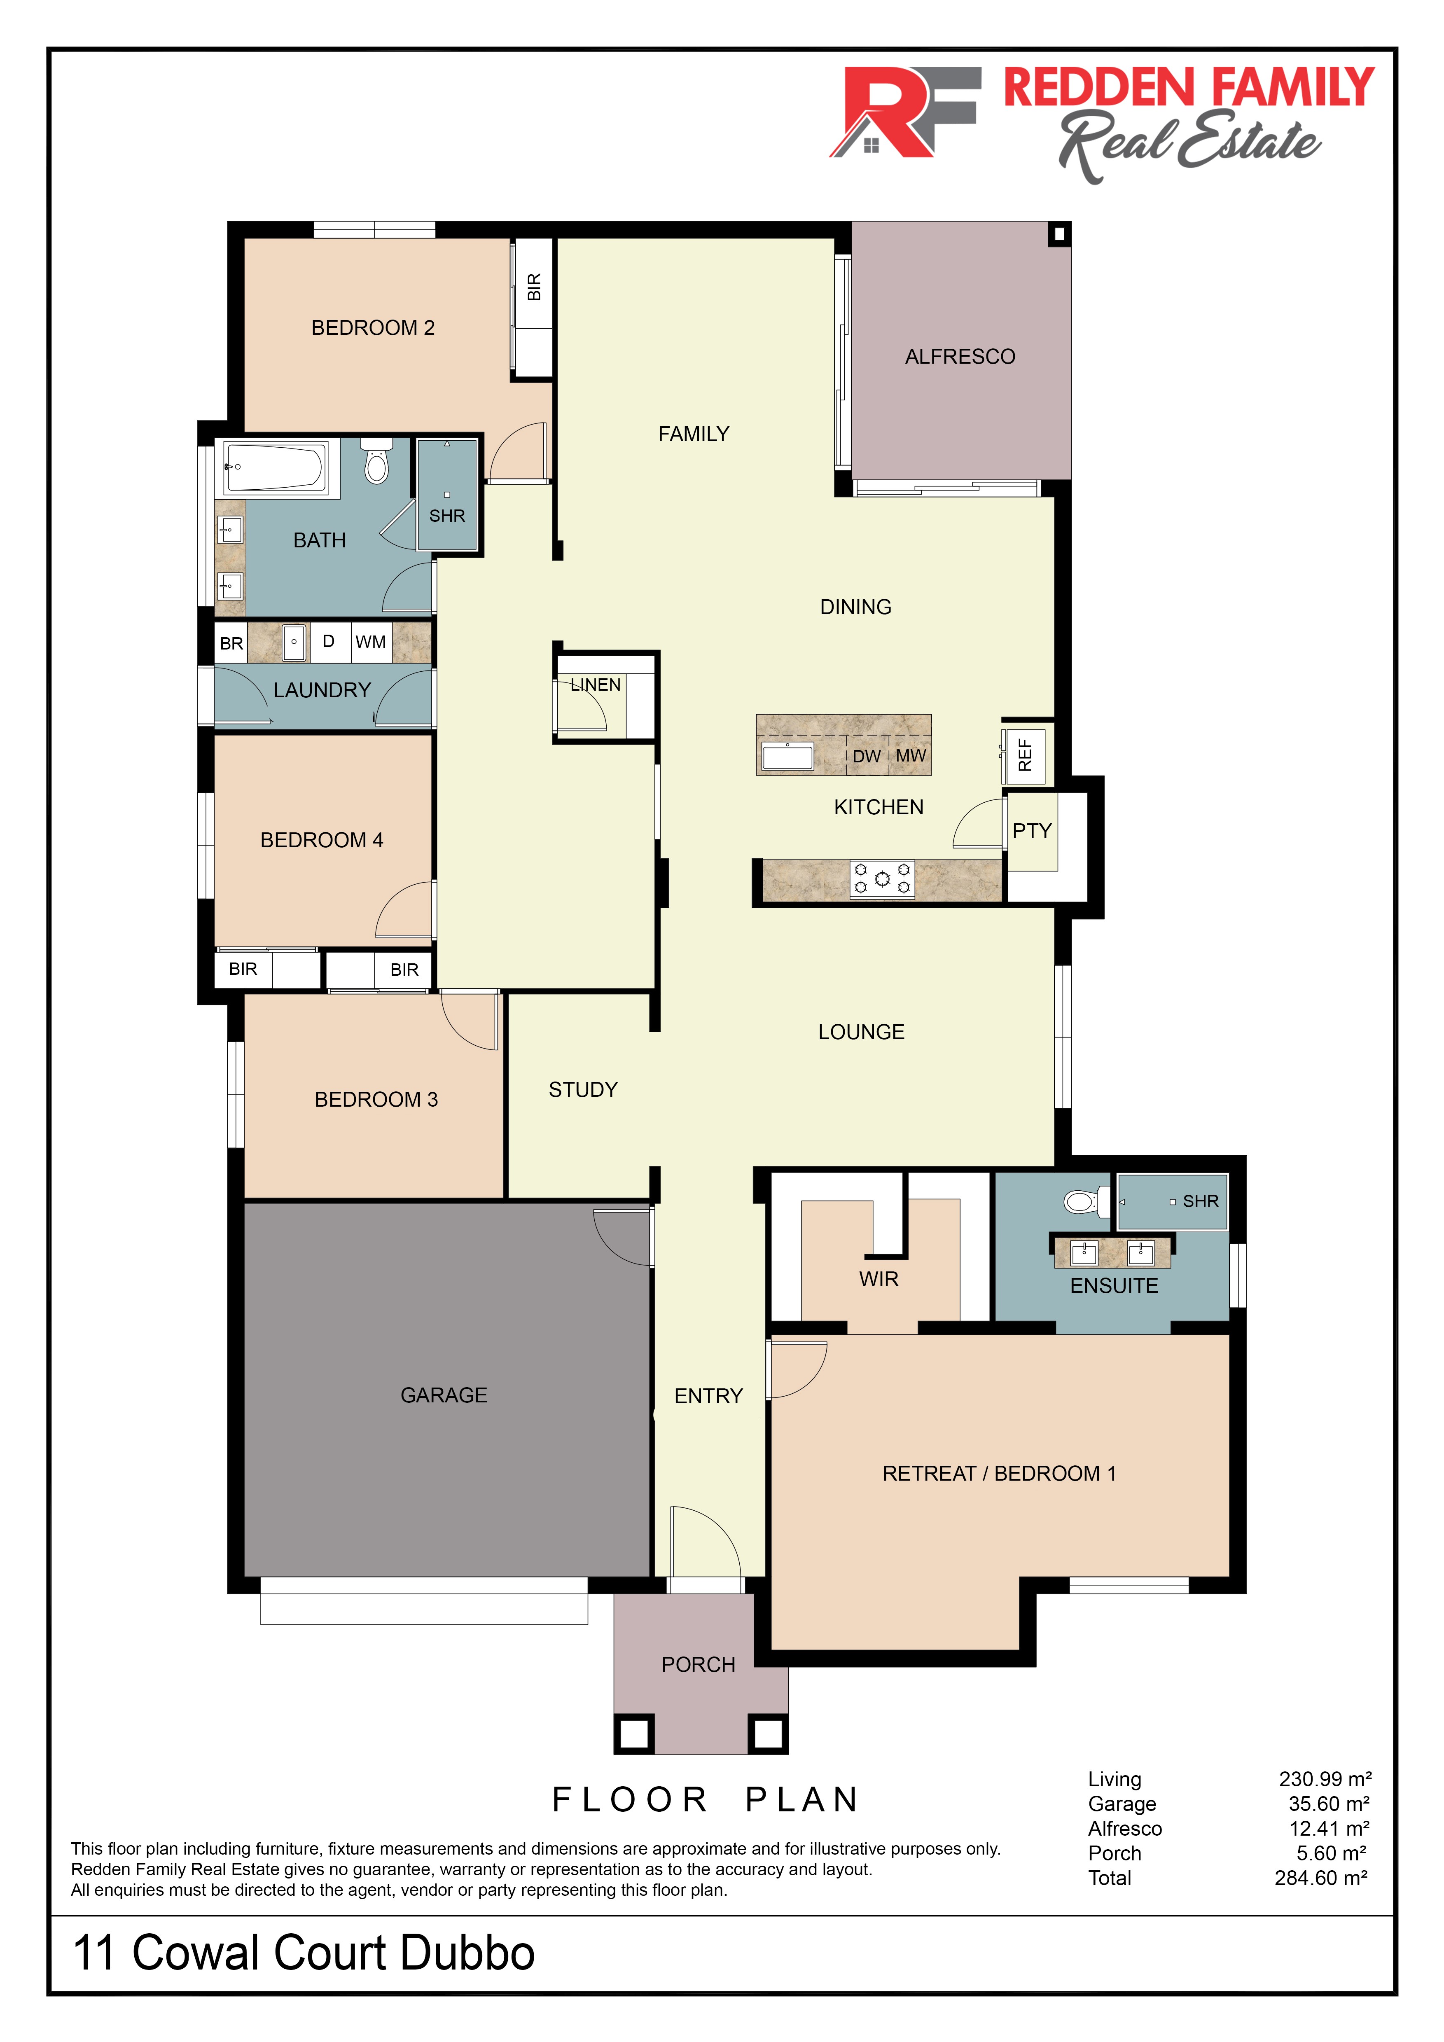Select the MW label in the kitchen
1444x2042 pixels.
[911, 756]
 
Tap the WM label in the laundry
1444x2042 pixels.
[371, 642]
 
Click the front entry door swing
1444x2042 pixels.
[704, 1543]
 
